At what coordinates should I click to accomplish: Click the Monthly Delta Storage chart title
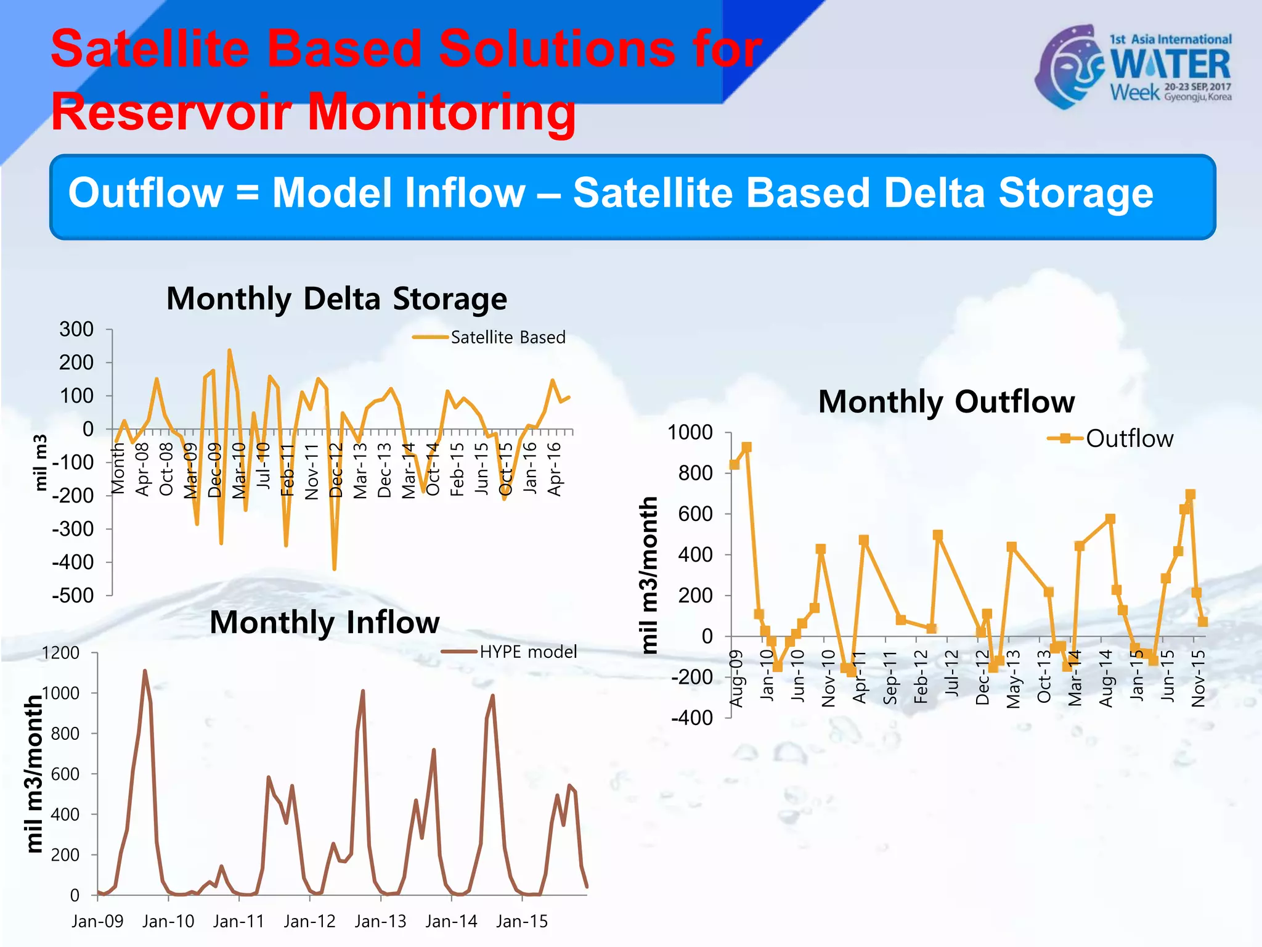click(x=336, y=299)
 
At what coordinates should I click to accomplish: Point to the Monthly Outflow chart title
click(x=946, y=402)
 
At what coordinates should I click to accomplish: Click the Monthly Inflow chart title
click(x=325, y=622)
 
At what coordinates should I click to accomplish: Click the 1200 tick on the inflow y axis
click(x=60, y=653)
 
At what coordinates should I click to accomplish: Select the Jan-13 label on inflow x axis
click(x=380, y=921)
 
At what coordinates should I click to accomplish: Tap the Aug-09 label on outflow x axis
click(x=736, y=678)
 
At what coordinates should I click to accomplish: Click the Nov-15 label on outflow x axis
click(x=1198, y=678)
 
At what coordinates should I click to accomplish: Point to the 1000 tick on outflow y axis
click(x=690, y=432)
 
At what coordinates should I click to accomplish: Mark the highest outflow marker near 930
click(x=746, y=447)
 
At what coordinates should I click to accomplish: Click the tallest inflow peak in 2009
click(x=145, y=671)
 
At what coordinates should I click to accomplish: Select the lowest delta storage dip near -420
click(x=335, y=568)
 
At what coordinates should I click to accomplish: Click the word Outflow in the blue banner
click(x=145, y=193)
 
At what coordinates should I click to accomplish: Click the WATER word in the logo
click(x=1170, y=64)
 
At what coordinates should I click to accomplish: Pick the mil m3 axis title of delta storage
click(x=40, y=462)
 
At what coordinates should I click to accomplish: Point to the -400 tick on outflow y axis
click(x=691, y=718)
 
